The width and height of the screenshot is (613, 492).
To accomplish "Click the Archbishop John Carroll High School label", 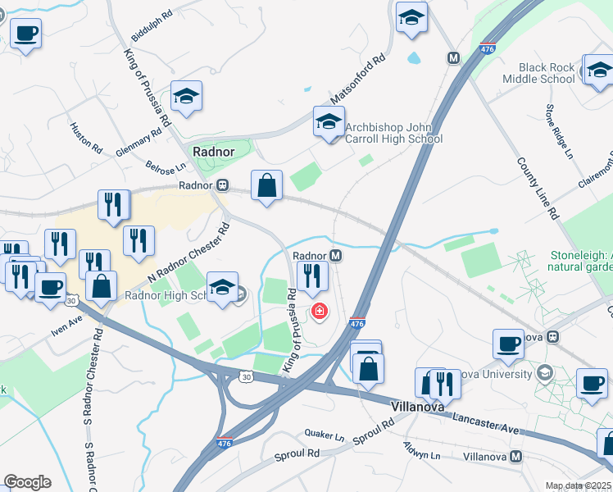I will (393, 133).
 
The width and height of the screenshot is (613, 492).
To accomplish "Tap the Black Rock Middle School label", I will (547, 73).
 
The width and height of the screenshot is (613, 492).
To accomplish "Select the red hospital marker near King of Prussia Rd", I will (318, 312).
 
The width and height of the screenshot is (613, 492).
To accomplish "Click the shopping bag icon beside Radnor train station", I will (266, 185).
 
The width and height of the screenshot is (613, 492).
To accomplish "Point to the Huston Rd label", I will (86, 139).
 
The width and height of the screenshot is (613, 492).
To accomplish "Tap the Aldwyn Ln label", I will (421, 449).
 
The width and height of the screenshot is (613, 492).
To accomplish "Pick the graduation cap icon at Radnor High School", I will (222, 288).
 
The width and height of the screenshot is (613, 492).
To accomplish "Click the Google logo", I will (27, 482).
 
